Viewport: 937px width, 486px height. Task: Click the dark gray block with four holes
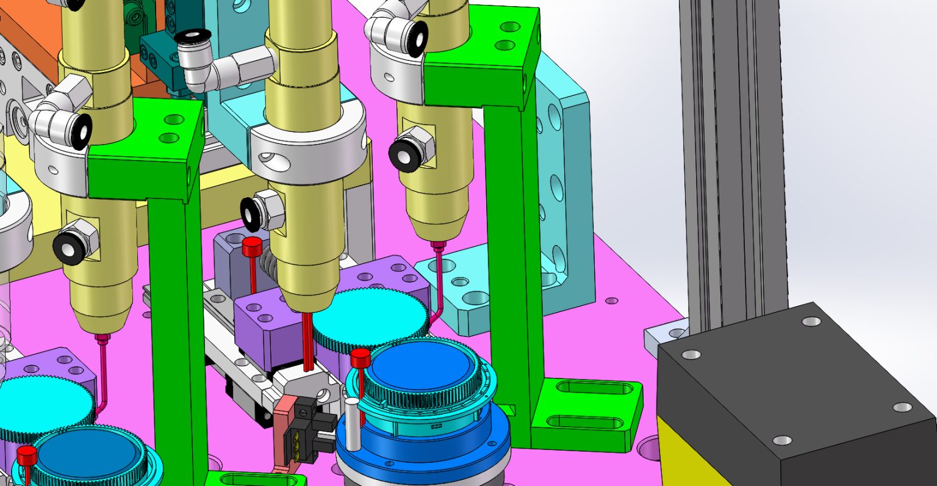pyautogui.click(x=793, y=379)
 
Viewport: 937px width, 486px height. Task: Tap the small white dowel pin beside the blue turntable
pyautogui.click(x=352, y=419)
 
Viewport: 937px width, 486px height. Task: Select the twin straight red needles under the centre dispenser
pyautogui.click(x=308, y=342)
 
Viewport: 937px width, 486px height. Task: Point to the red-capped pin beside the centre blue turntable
pyautogui.click(x=360, y=360)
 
